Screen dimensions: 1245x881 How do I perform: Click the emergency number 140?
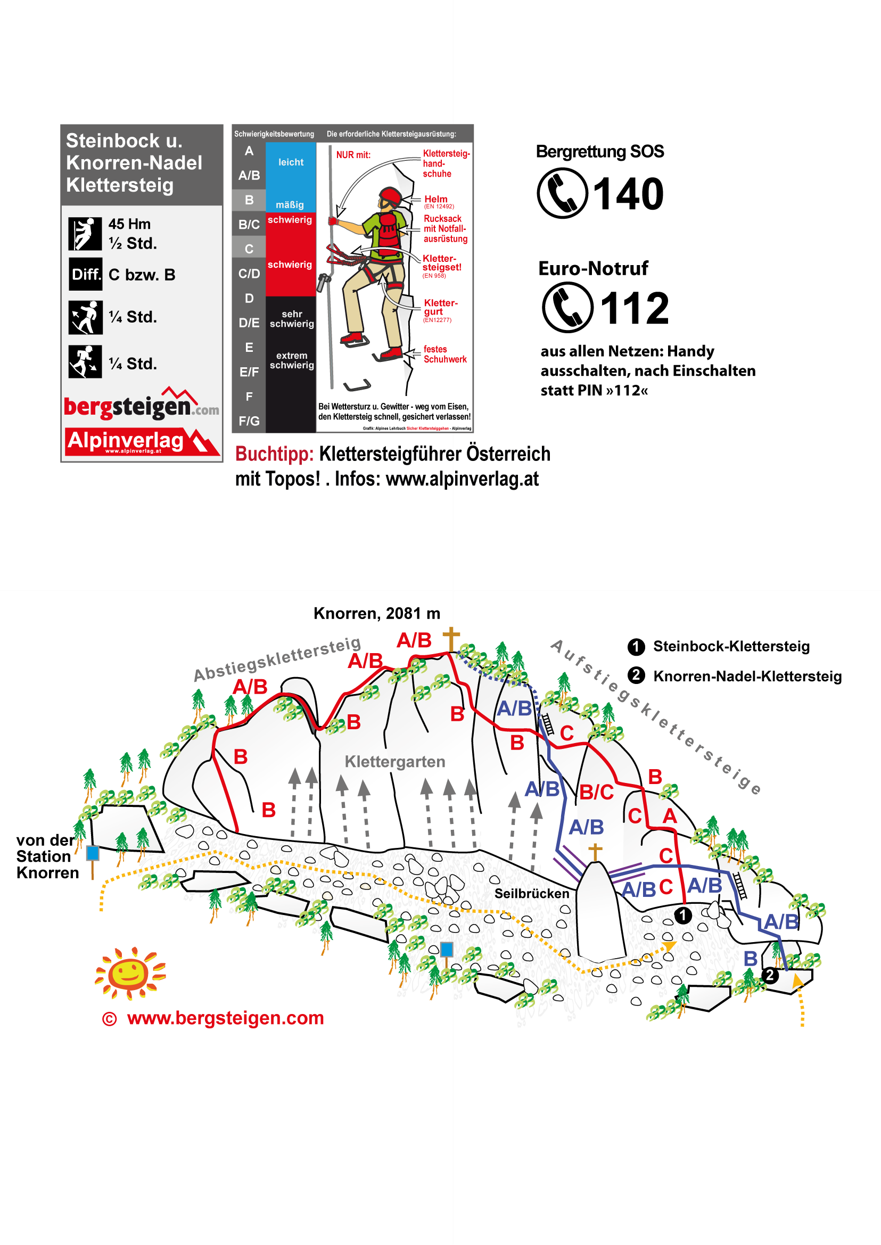click(x=628, y=194)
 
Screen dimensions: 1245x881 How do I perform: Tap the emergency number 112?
click(x=634, y=308)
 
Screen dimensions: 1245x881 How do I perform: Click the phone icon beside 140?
click(x=562, y=193)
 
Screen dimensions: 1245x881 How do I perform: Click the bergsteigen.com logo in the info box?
click(x=141, y=405)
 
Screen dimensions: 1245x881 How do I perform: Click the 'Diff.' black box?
click(x=85, y=275)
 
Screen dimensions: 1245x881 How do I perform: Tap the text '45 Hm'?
click(x=129, y=224)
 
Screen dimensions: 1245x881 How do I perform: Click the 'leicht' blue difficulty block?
click(x=291, y=162)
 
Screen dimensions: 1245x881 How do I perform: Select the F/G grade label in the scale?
click(x=249, y=421)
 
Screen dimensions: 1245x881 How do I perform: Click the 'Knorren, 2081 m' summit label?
click(x=376, y=613)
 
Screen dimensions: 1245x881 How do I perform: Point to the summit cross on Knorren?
click(x=451, y=639)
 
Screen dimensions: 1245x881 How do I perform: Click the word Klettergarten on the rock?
click(x=394, y=762)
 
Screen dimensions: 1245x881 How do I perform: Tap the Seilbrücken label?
click(x=531, y=894)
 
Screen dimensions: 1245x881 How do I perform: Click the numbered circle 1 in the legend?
click(x=636, y=646)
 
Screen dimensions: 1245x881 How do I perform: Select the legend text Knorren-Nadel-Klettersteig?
click(x=747, y=676)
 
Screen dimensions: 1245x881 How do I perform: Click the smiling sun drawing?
click(x=130, y=972)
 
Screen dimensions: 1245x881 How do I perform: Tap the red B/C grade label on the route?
click(x=596, y=793)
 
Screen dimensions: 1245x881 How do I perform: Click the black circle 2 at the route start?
click(x=769, y=975)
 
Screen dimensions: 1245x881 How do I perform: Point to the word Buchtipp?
click(x=274, y=454)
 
